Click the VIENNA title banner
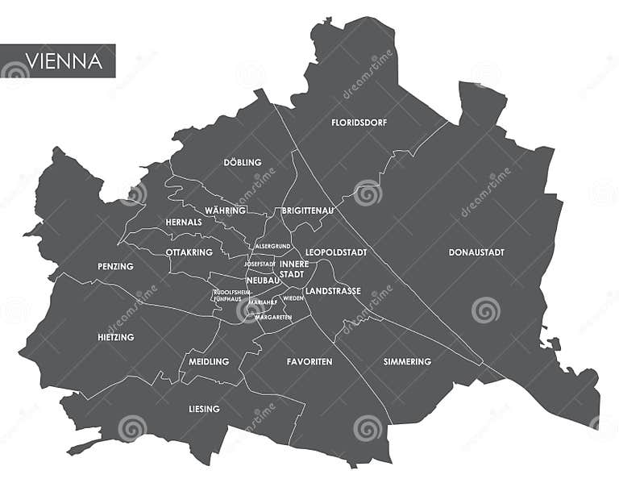click(x=57, y=60)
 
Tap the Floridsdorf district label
click(x=359, y=123)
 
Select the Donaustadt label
click(x=476, y=252)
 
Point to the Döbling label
click(x=243, y=162)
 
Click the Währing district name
click(x=225, y=210)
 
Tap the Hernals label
click(x=183, y=223)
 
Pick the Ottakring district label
click(x=189, y=252)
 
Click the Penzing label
click(x=115, y=266)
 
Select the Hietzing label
click(x=115, y=337)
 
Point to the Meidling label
click(x=209, y=362)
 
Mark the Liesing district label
click(x=204, y=409)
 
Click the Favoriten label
click(x=309, y=362)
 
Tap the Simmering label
click(x=407, y=362)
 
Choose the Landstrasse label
click(x=332, y=291)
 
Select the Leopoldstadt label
click(x=336, y=252)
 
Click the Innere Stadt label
click(x=293, y=269)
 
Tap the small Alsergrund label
click(x=272, y=246)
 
